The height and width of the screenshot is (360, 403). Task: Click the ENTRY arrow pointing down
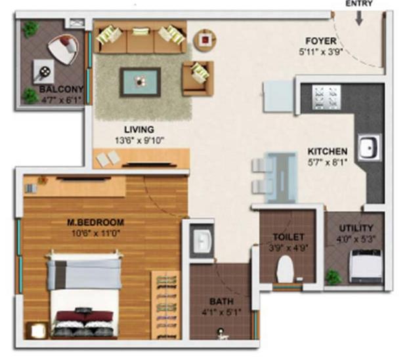[359, 19]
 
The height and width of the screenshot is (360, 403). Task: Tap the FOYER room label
[321, 41]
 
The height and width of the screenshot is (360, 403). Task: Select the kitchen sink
[369, 148]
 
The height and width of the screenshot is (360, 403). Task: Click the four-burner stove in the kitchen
[327, 98]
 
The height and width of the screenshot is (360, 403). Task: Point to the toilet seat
[285, 269]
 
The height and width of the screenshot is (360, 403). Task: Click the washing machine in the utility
[365, 266]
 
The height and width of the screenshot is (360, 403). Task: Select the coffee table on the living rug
[140, 82]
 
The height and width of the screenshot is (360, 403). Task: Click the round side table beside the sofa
[205, 40]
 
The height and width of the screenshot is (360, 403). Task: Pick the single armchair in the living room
[198, 78]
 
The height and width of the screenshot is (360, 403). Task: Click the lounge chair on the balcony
[64, 49]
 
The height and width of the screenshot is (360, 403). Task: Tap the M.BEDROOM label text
[96, 222]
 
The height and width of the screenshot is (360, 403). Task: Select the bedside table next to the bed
[37, 330]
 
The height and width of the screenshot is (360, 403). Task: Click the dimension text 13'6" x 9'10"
[139, 140]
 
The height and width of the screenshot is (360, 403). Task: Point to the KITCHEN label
[328, 151]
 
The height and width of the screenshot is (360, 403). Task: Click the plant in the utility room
[333, 277]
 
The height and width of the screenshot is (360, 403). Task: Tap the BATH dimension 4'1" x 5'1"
[222, 312]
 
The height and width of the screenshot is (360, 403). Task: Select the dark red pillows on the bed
[85, 315]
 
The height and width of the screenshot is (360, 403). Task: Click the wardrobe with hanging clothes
[166, 305]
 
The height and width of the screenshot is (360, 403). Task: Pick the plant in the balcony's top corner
[31, 29]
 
